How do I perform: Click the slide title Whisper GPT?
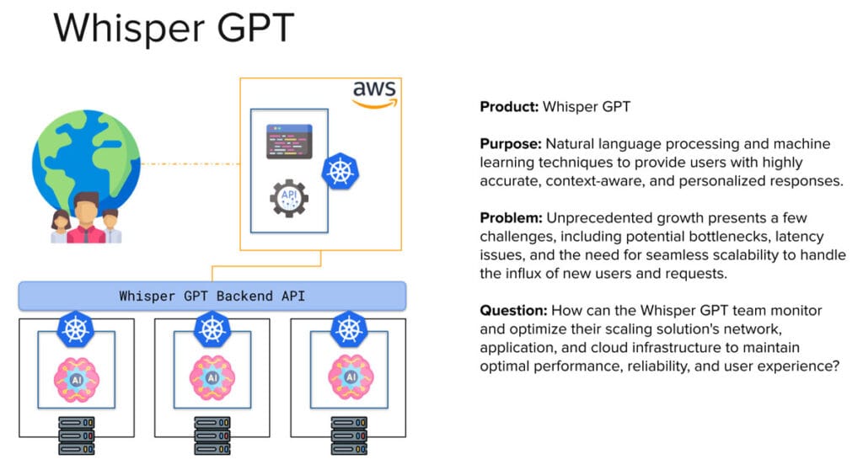click(x=174, y=28)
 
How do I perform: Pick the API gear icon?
click(x=288, y=199)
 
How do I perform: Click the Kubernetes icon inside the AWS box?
click(x=340, y=171)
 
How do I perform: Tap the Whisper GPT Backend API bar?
click(x=212, y=296)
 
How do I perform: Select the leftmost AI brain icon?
click(x=75, y=376)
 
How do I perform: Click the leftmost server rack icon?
click(x=75, y=436)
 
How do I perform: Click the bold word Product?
click(x=509, y=107)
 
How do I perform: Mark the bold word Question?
click(x=512, y=311)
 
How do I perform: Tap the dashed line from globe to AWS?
click(x=190, y=163)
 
